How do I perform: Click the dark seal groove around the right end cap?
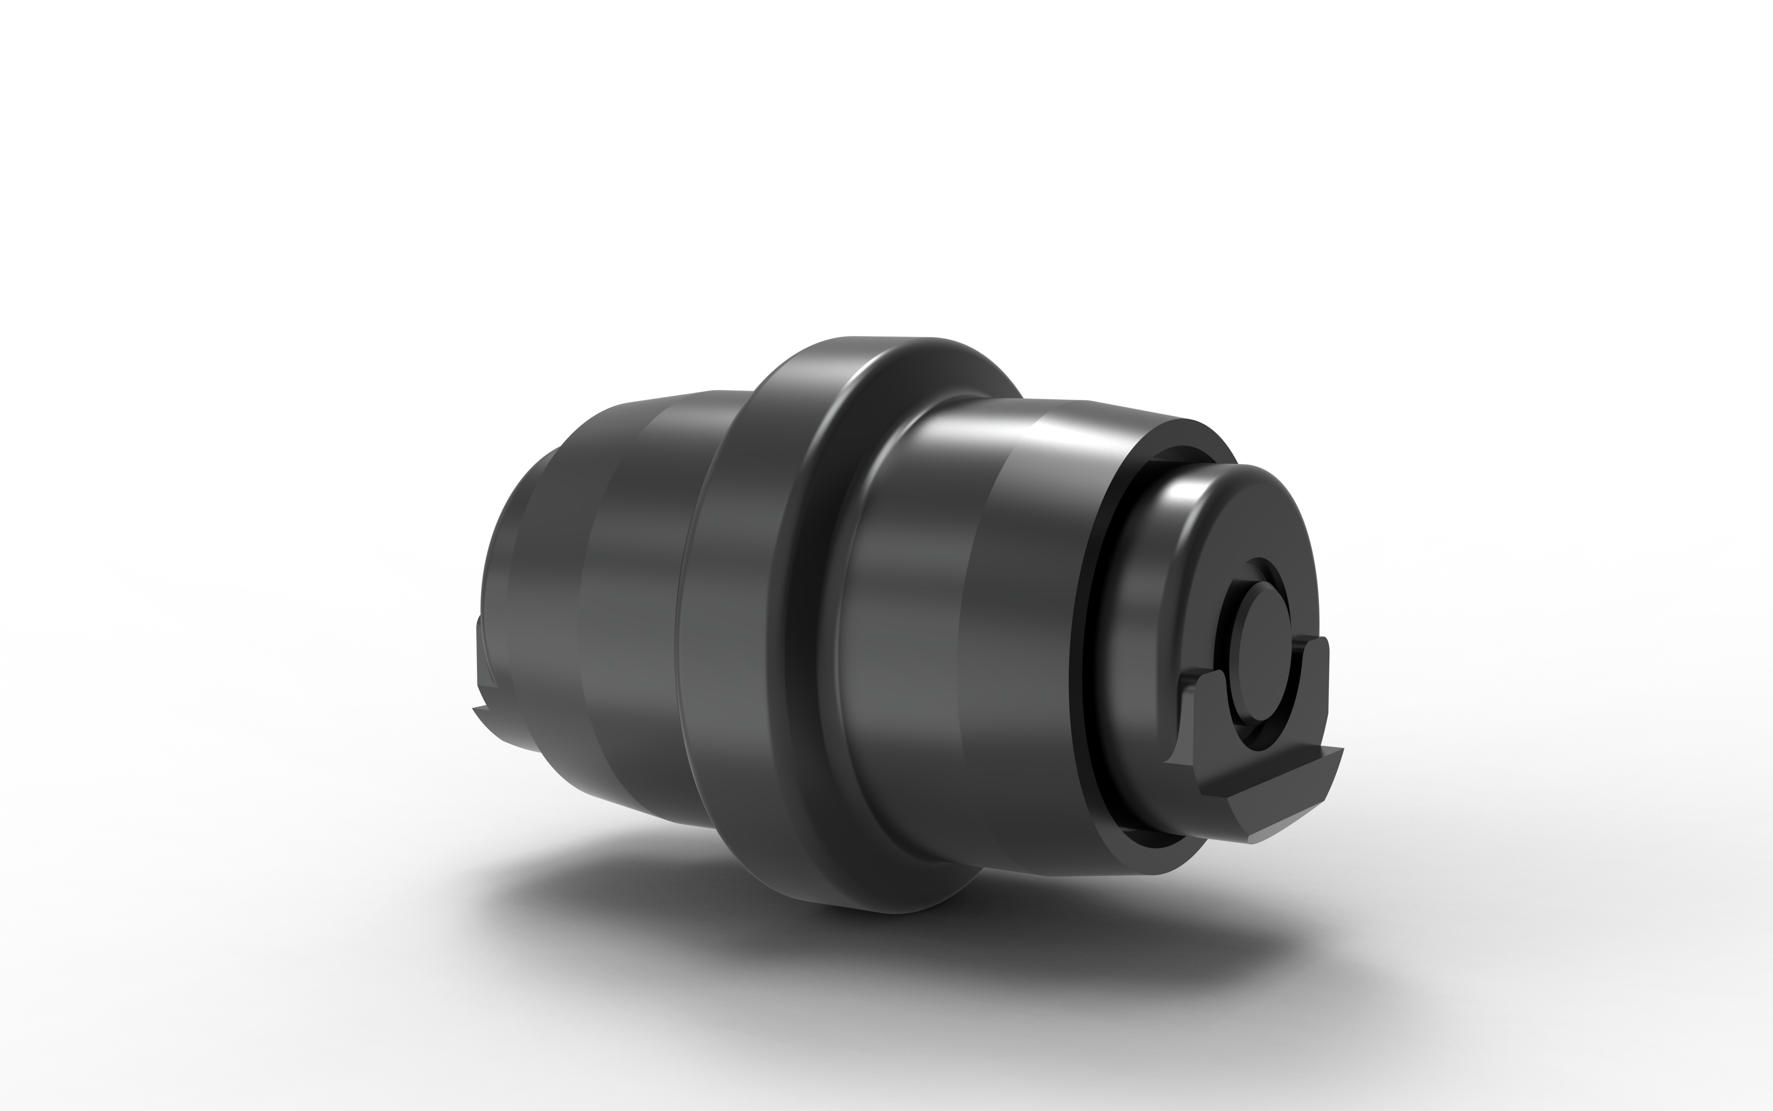tap(1086, 661)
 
